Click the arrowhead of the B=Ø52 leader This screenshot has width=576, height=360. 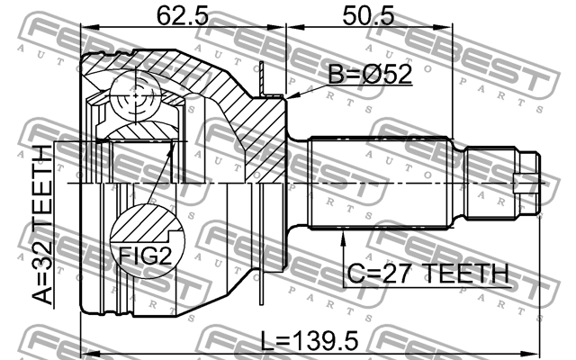point(287,93)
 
